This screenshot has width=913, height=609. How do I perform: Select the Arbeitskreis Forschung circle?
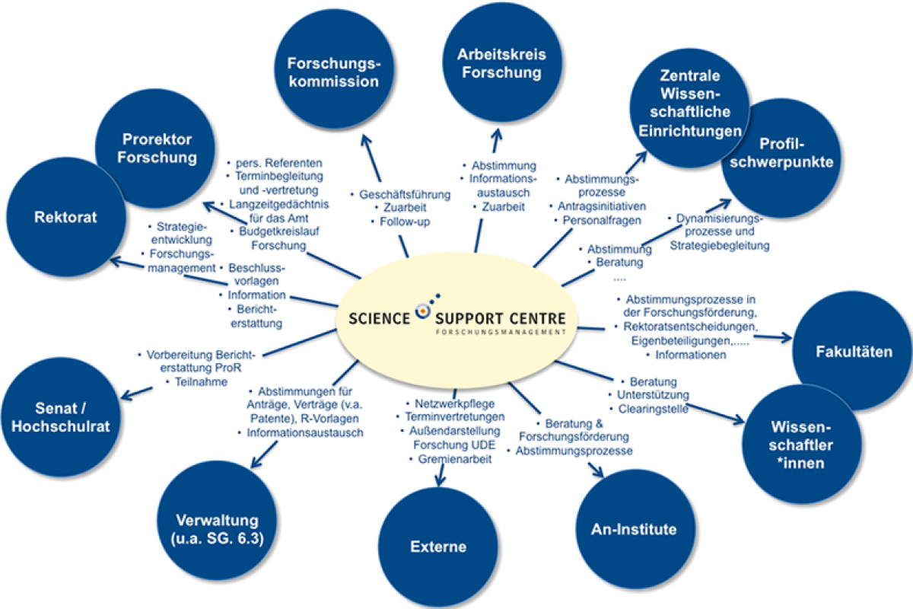pos(501,64)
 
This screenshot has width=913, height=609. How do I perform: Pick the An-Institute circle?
pos(633,529)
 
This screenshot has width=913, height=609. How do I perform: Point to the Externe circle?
pos(437,546)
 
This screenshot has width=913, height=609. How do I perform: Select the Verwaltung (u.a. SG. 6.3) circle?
pos(217,529)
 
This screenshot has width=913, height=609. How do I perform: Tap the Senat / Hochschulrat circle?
pos(60,416)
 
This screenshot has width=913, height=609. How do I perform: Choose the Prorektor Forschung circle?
pos(157,148)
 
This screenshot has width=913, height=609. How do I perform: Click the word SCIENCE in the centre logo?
pos(380,317)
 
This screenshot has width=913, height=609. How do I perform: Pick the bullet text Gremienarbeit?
pos(450,460)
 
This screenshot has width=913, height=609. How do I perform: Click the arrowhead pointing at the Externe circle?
pos(439,481)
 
